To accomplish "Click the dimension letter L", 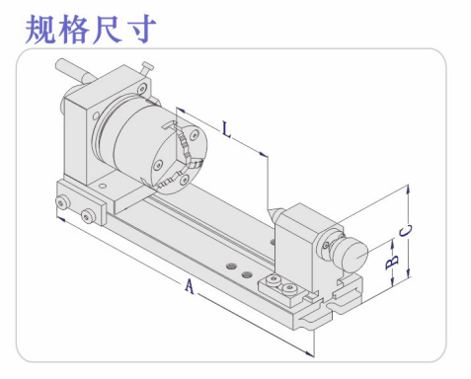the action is pos(226,129).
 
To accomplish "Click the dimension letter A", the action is pos(189,285).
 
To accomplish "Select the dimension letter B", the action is pos(392,263).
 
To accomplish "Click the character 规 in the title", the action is pos(41,29).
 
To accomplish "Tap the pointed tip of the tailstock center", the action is pos(270,211).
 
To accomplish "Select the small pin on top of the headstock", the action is pos(146,69).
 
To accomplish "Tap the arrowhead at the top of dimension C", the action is pos(408,189).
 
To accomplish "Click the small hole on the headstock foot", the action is pos(103,186).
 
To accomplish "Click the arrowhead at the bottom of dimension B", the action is pos(392,282).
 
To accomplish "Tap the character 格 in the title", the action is pos(74,29).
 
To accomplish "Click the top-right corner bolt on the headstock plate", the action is pos(142,88).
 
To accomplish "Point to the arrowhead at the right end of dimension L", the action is pos(263,154).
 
